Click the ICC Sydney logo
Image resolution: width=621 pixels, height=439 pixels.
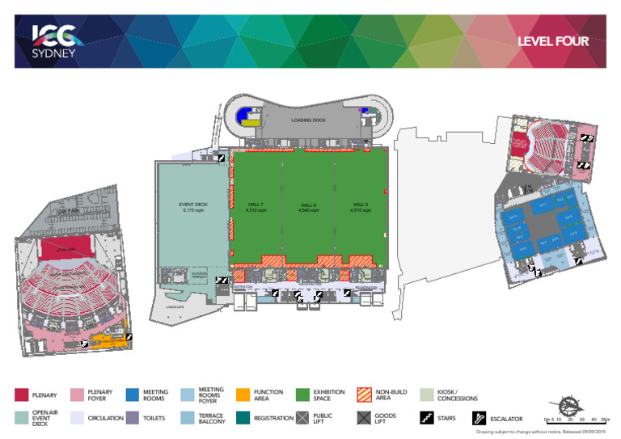(x=54, y=40)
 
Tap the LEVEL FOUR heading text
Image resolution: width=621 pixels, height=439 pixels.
(x=552, y=41)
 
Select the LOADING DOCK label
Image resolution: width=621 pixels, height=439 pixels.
(x=308, y=120)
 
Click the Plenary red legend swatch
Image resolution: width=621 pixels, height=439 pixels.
(x=22, y=395)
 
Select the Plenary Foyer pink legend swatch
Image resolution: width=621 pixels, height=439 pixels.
(x=78, y=395)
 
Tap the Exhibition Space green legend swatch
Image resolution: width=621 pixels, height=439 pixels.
(x=302, y=395)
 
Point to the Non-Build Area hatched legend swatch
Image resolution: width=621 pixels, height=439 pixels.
(x=365, y=395)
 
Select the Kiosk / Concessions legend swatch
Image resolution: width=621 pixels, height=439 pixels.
(x=428, y=395)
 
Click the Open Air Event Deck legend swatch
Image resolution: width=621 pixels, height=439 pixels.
(x=22, y=418)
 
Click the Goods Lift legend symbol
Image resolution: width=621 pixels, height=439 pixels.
(x=365, y=418)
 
